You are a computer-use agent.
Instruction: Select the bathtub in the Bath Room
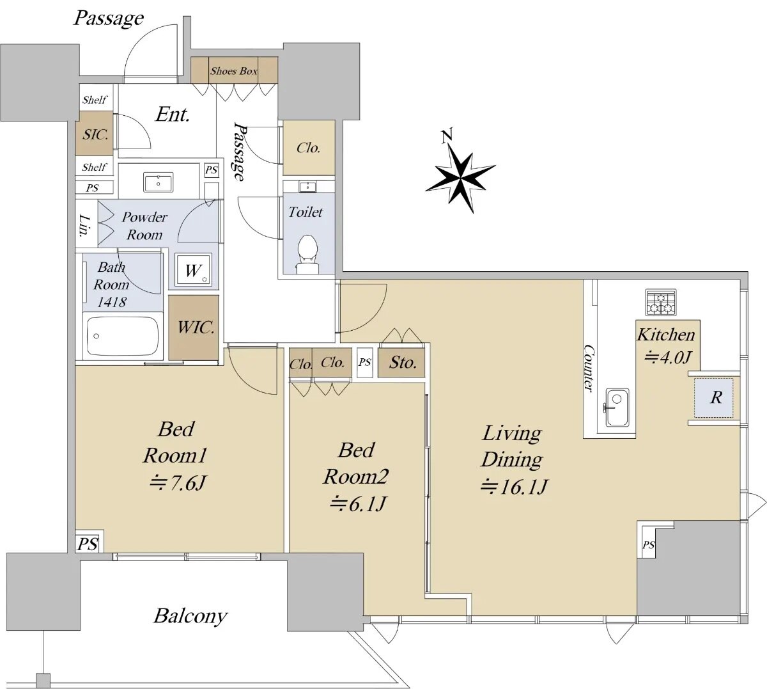pyautogui.click(x=123, y=335)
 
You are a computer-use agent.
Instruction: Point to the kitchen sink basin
pyautogui.click(x=617, y=408)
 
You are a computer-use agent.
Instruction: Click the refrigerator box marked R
pyautogui.click(x=715, y=397)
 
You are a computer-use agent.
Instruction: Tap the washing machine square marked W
pyautogui.click(x=193, y=271)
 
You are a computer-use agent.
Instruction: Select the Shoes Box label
pyautogui.click(x=234, y=71)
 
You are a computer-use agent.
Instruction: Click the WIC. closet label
pyautogui.click(x=195, y=328)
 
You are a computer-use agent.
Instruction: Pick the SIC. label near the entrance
pyautogui.click(x=95, y=135)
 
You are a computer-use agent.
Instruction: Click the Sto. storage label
pyautogui.click(x=403, y=363)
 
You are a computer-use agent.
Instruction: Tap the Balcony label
pyautogui.click(x=190, y=616)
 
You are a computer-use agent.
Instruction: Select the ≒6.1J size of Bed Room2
pyautogui.click(x=357, y=504)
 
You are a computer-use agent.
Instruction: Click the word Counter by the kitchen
pyautogui.click(x=589, y=368)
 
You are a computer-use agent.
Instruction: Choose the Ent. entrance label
pyautogui.click(x=173, y=115)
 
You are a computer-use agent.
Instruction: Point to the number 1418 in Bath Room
pyautogui.click(x=111, y=302)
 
